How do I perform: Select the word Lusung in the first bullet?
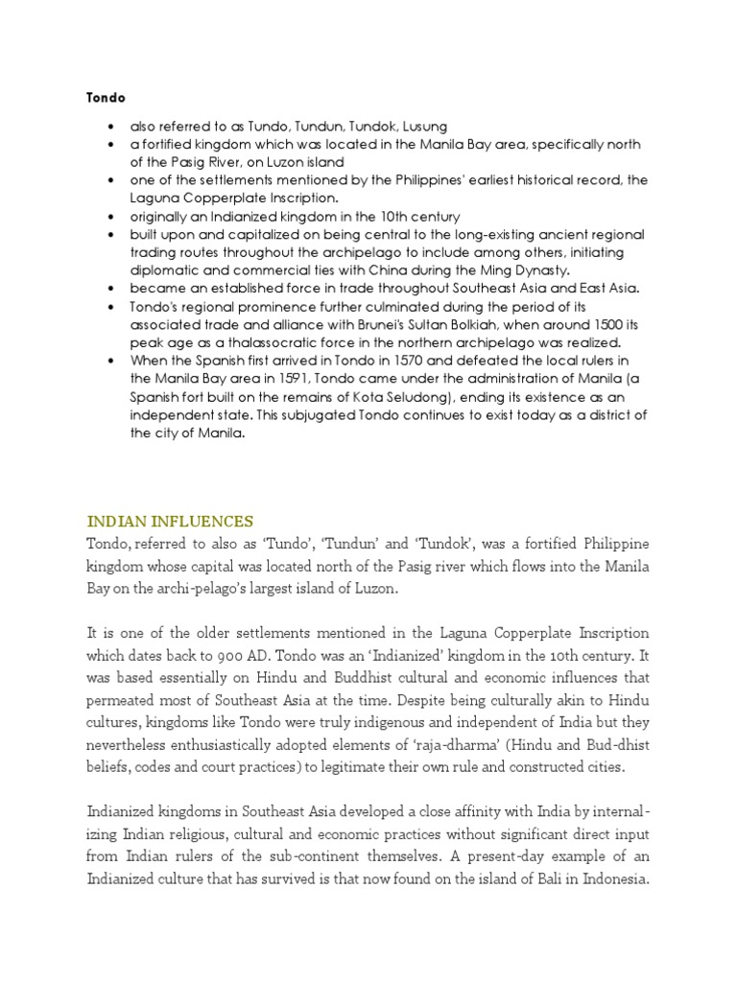click(423, 127)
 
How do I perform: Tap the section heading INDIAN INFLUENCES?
click(170, 522)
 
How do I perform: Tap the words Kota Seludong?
click(431, 397)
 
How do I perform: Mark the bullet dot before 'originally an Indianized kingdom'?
click(114, 217)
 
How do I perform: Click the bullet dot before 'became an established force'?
click(114, 289)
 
